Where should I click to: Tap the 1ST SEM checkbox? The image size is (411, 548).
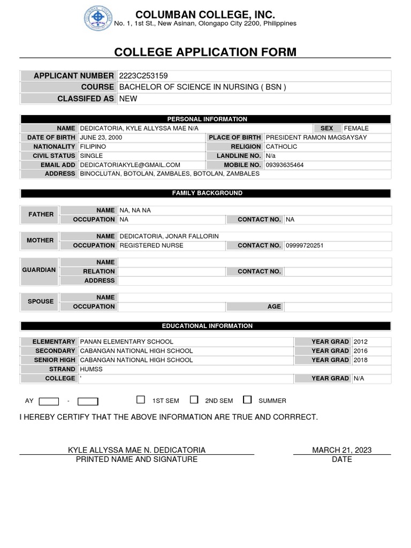(141, 399)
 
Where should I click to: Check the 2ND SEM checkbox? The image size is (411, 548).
(194, 399)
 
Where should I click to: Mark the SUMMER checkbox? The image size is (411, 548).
(247, 399)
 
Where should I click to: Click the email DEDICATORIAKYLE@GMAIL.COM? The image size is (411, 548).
(130, 165)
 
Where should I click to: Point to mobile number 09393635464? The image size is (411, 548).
(284, 165)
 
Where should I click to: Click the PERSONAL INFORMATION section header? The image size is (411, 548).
(207, 119)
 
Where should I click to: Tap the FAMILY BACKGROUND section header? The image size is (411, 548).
(207, 193)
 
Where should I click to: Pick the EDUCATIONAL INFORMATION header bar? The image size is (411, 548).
(207, 325)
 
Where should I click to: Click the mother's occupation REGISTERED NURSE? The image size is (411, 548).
(151, 245)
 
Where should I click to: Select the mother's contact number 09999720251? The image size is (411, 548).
(305, 245)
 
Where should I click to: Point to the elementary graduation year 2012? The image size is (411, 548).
(361, 341)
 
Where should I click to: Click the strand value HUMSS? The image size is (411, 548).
(91, 369)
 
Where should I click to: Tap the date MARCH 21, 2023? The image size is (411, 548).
(341, 450)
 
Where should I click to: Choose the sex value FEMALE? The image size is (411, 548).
(356, 128)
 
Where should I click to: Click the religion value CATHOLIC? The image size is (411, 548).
(281, 147)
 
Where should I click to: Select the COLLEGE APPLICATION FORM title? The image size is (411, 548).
(205, 52)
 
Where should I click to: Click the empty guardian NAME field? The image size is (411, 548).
(254, 262)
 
